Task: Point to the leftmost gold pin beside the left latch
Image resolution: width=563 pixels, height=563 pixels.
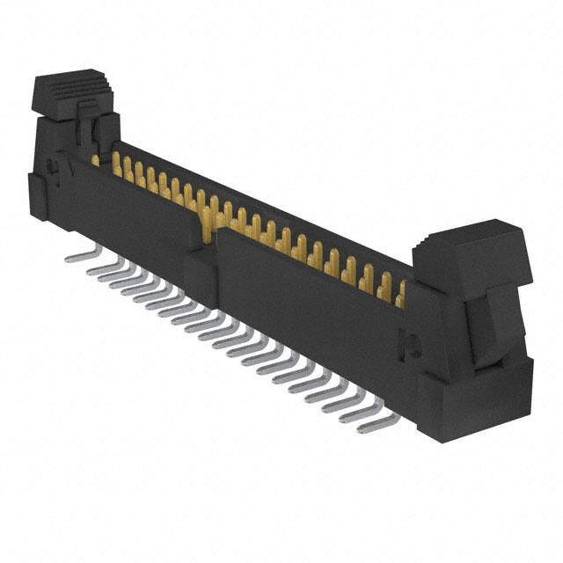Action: [95, 159]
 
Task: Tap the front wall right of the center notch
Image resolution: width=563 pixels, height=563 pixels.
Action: [308, 299]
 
